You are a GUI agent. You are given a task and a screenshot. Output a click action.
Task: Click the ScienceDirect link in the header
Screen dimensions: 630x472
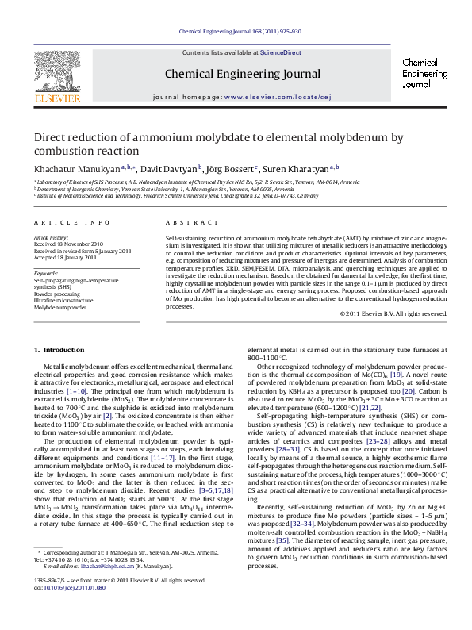(x=282, y=52)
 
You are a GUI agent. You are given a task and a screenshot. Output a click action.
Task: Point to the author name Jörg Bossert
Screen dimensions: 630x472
(x=231, y=170)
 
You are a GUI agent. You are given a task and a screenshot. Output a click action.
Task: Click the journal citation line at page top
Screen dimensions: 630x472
(x=240, y=33)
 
